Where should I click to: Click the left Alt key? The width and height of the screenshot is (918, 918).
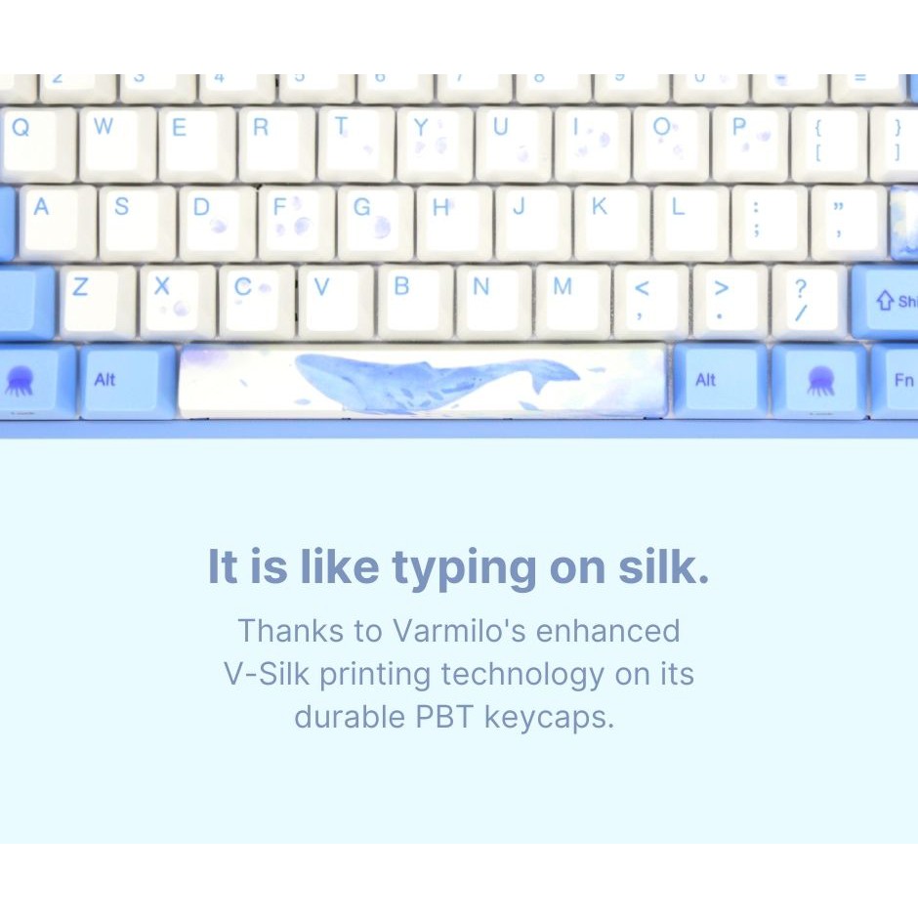tap(128, 381)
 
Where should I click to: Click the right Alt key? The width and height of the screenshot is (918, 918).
tap(721, 381)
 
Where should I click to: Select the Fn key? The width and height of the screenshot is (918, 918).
tap(895, 381)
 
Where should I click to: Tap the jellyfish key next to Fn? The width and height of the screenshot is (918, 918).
tap(819, 381)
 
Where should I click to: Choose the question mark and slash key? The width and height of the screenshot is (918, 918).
tap(809, 301)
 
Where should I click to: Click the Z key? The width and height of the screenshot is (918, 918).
tap(98, 302)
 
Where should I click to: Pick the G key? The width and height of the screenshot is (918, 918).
tap(376, 223)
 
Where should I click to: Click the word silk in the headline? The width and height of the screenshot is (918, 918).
tap(663, 566)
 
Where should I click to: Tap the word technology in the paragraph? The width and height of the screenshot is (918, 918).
tap(522, 675)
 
